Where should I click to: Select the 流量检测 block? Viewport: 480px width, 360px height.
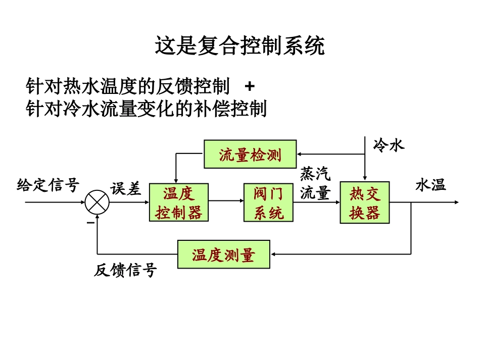[250, 154]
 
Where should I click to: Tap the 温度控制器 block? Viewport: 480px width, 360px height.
[179, 202]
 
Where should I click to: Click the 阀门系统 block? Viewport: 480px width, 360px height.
[268, 202]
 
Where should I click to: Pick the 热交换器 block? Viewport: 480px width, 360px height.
[364, 202]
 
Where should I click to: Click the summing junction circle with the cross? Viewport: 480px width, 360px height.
[97, 202]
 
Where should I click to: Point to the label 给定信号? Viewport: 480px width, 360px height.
[48, 185]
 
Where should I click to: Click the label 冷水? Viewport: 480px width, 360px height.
[389, 145]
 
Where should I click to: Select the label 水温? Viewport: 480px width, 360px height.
[430, 185]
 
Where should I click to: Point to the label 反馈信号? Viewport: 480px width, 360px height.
[125, 271]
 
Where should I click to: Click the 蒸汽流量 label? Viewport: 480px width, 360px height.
[315, 184]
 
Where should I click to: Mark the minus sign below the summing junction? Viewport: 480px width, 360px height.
[90, 221]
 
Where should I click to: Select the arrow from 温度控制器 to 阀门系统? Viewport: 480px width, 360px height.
[226, 201]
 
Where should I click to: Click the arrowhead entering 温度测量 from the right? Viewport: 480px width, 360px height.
[273, 254]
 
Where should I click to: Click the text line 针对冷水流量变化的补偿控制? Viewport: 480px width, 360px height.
[146, 108]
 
